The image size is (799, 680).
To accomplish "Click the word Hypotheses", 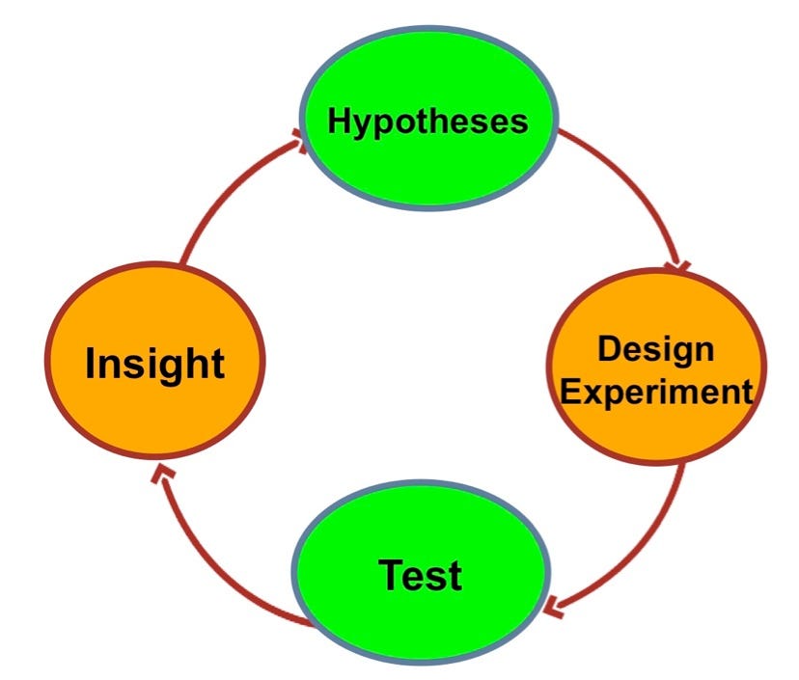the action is pos(427,122).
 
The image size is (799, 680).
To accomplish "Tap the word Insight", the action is pos(155,364).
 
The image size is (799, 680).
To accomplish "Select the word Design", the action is pos(656,350).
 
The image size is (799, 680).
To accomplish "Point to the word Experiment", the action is pos(656,393).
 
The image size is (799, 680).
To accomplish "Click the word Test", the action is pos(421,575).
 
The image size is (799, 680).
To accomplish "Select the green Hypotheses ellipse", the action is pos(428,119).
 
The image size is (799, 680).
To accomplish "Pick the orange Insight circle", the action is pos(155,361).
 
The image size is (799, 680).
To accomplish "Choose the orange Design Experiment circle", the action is pos(656,367).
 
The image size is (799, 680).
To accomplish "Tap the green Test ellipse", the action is pos(421,572).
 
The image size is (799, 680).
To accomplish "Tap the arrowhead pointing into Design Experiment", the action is pos(678,266).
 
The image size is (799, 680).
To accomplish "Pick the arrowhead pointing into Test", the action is pos(552,608).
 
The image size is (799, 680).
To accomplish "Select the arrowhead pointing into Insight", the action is pos(162,473).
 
